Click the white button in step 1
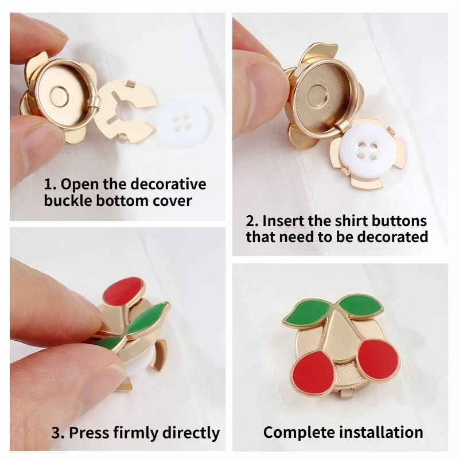(x=184, y=122)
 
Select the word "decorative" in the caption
(x=168, y=184)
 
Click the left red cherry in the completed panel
(x=313, y=372)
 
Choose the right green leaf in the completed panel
(x=361, y=306)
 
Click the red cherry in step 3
(x=123, y=291)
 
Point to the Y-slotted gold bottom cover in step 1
(x=125, y=111)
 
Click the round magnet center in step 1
(x=60, y=97)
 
